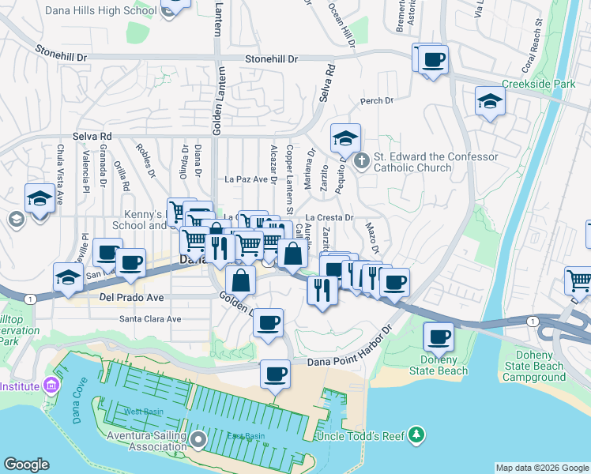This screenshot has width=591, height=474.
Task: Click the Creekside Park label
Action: tap(540, 84)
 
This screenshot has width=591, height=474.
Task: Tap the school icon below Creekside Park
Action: tap(490, 102)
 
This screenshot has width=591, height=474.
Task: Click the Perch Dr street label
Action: tap(377, 101)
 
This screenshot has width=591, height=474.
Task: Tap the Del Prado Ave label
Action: tap(131, 298)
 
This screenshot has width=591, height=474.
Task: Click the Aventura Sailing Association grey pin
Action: tap(198, 440)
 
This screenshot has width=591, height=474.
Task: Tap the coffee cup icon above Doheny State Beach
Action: tap(439, 336)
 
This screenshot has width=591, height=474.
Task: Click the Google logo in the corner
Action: tap(26, 465)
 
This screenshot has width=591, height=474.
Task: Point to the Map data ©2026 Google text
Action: tap(542, 468)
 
